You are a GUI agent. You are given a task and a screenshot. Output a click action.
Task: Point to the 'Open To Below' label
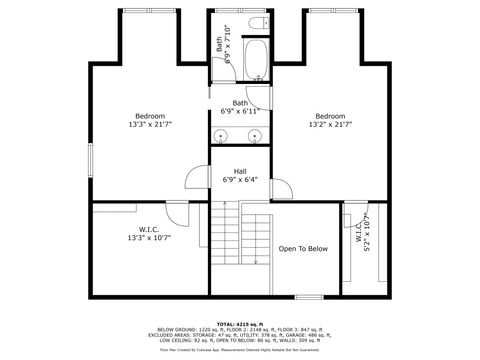coord(303,248)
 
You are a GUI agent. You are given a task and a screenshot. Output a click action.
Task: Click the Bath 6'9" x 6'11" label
coord(240,107)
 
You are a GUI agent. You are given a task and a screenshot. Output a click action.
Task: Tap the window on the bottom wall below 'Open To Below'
coord(308,296)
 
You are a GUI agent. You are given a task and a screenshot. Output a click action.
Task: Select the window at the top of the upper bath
coord(240,10)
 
